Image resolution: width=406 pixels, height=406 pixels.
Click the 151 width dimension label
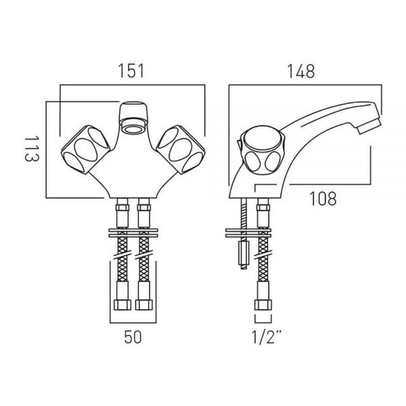point(131,71)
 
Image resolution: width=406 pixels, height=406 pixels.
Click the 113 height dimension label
point(32,149)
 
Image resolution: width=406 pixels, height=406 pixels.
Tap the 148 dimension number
point(301,71)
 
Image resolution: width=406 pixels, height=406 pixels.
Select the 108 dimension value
point(323,198)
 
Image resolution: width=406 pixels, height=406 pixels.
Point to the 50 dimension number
point(133,338)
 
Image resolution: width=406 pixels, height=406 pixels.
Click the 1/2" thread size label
point(266,337)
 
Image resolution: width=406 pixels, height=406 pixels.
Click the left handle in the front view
point(85,150)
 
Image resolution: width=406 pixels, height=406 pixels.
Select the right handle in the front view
point(181,150)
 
